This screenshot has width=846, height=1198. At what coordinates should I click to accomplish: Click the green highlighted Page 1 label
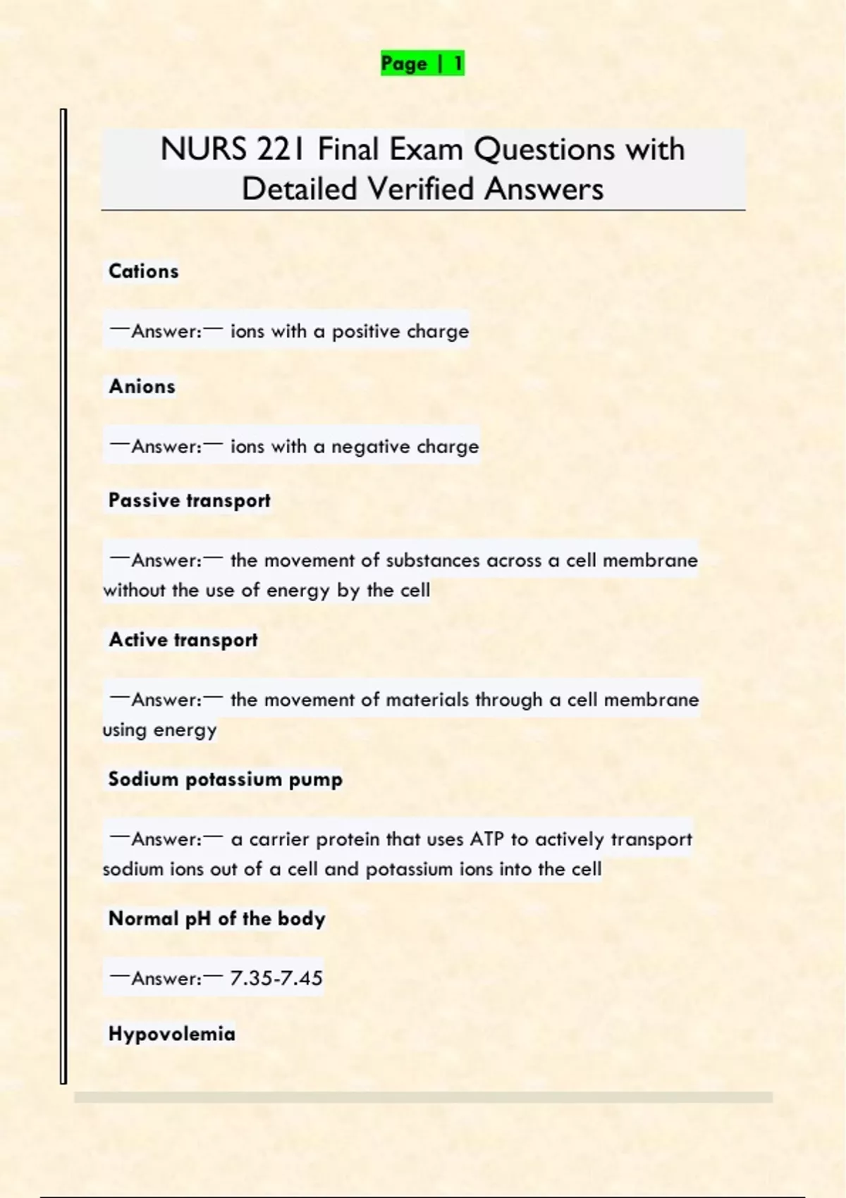(x=422, y=63)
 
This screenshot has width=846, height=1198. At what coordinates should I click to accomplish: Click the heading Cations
(x=143, y=271)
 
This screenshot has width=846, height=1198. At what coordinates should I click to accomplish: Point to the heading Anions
(x=142, y=386)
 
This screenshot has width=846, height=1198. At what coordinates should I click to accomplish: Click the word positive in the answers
(x=365, y=331)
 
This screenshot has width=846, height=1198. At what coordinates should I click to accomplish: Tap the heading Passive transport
(x=189, y=500)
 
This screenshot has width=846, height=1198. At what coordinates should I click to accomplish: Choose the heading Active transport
(x=183, y=640)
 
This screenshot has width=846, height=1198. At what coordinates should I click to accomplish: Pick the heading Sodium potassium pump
(x=225, y=779)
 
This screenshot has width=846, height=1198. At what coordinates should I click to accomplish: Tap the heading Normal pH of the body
(x=216, y=919)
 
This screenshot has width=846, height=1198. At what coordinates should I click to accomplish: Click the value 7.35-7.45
(x=276, y=978)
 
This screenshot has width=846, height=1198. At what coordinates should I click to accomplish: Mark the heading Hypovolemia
(x=171, y=1034)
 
